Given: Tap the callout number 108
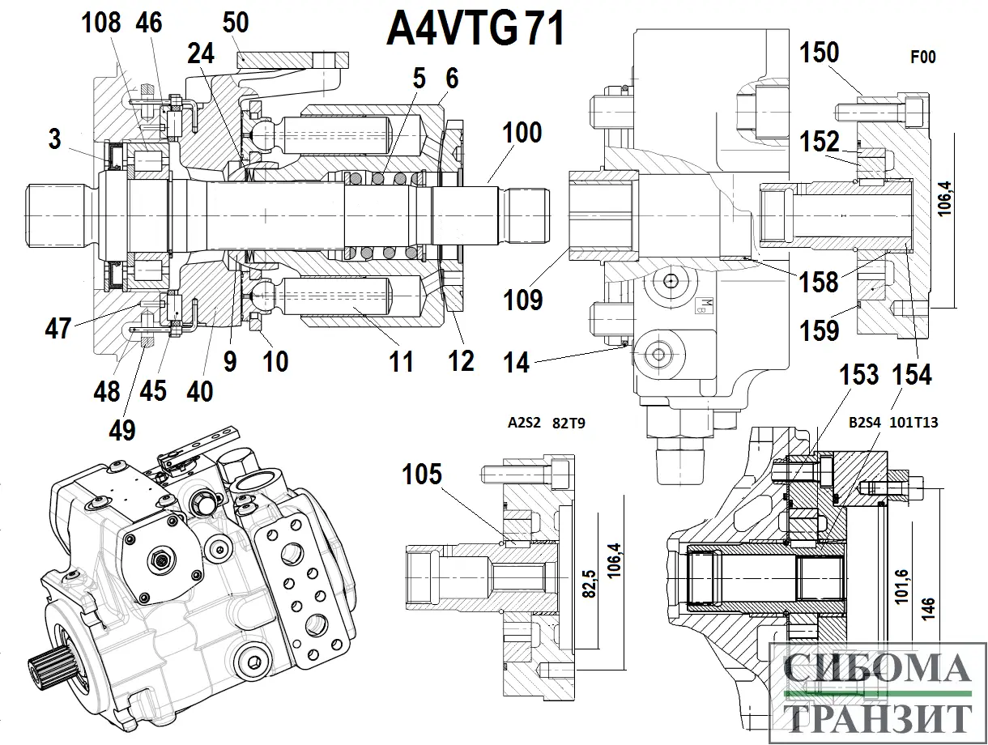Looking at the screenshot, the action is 101,23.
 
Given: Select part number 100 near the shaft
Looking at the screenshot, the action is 522,132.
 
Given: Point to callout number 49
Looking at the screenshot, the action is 122,430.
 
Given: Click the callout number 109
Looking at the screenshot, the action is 522,300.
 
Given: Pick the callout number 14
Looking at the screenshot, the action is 516,362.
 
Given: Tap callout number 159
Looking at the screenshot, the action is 820,330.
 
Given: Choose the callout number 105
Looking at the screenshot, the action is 422,475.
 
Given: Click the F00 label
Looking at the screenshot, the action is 923,57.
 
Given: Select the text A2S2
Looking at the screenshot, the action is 524,423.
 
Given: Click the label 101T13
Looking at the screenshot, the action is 913,423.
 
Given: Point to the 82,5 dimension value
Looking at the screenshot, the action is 590,584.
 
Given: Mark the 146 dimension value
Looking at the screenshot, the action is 929,609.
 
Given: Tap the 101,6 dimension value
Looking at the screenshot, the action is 901,586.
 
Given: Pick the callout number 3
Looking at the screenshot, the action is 54,139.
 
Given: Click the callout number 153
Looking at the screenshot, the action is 858,374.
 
